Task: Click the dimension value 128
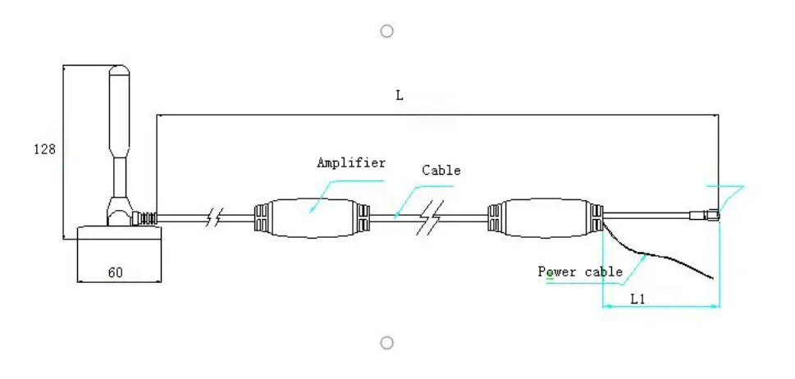[x=44, y=149]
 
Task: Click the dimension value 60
[x=115, y=272]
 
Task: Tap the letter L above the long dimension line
[x=400, y=96]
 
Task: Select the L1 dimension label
[x=637, y=299]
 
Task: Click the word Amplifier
[x=351, y=162]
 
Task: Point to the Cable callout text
[x=441, y=171]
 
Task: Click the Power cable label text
[x=580, y=272]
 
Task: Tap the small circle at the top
[x=387, y=31]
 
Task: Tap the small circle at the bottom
[x=387, y=342]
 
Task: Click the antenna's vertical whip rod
[x=119, y=123]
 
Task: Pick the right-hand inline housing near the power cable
[x=546, y=218]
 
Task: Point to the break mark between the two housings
[x=429, y=218]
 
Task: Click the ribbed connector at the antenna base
[x=145, y=219]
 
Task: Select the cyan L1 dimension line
[x=661, y=307]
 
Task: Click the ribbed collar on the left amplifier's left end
[x=260, y=218]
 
